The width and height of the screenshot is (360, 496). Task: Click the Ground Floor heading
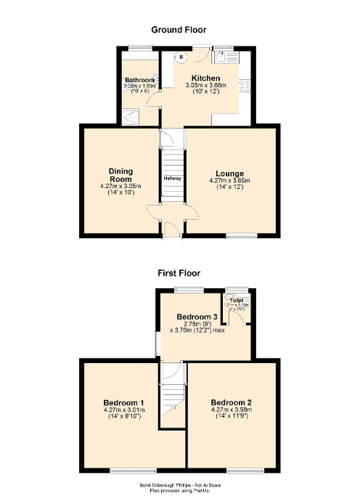pyautogui.click(x=179, y=30)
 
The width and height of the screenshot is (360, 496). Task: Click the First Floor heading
pyautogui.click(x=179, y=274)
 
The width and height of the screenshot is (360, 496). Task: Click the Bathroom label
pyautogui.click(x=139, y=80)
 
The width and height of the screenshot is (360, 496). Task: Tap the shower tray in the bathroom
pyautogui.click(x=131, y=115)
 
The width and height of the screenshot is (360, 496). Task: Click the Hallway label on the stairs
pyautogui.click(x=172, y=179)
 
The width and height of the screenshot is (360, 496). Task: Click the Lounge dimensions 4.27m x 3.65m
pyautogui.click(x=230, y=180)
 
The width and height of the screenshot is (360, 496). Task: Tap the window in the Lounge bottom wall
pyautogui.click(x=242, y=235)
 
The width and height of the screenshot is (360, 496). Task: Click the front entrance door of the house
pyautogui.click(x=171, y=229)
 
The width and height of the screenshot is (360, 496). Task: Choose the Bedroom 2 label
pyautogui.click(x=231, y=402)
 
